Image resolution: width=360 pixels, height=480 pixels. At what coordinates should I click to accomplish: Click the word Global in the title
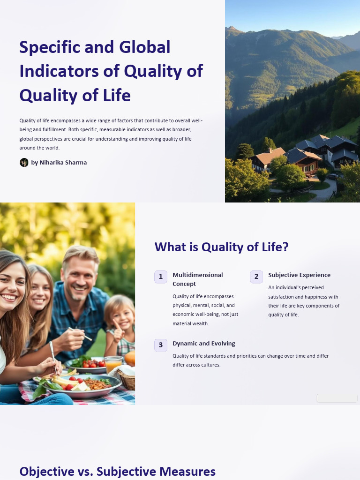pos(145,47)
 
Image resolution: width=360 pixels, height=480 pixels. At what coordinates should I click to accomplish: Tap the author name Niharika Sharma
pos(59,163)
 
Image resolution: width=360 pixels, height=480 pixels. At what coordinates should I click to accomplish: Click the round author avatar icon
pos(24,163)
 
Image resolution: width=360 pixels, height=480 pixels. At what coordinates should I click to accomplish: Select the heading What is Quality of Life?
pos(221,247)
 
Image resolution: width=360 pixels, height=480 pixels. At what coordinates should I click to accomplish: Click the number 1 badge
pos(161,277)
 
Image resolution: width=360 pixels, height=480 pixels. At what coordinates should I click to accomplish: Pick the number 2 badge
pos(256,277)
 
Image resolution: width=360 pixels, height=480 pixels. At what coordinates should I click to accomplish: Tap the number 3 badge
pos(161,345)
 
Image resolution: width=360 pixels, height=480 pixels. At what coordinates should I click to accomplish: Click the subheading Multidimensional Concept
pos(197,279)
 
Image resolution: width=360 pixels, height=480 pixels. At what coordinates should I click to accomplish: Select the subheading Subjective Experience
pos(299,275)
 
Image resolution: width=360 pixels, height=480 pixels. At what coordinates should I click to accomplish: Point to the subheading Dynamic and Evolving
pos(203,344)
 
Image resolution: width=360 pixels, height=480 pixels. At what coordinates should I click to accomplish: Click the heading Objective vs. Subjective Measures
pos(117,472)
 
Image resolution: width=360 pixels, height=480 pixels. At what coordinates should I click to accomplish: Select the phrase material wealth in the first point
pos(190,323)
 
